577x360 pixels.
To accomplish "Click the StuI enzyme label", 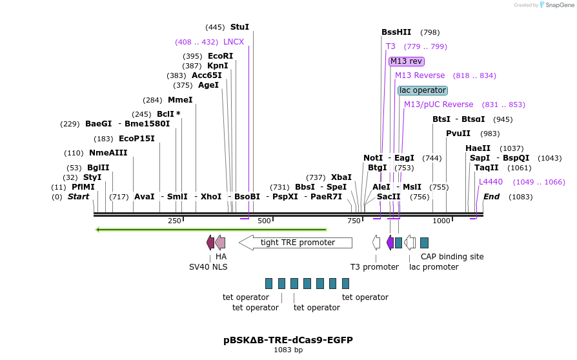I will click(x=239, y=27).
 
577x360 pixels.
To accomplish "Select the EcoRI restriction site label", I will click(x=220, y=56).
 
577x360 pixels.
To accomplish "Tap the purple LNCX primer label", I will click(x=234, y=42).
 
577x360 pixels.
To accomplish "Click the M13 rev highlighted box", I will click(x=406, y=61).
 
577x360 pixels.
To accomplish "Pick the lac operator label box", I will click(x=422, y=90).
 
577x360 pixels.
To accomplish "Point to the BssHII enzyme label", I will click(x=396, y=32).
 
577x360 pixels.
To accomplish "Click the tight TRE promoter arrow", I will click(x=296, y=243).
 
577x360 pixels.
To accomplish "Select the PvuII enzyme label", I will click(x=458, y=134).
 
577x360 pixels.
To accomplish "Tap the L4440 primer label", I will click(x=491, y=182).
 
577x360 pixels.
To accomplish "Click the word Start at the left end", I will click(x=79, y=197).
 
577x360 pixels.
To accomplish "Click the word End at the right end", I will click(x=492, y=197).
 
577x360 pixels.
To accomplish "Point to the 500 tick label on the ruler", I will click(x=264, y=221).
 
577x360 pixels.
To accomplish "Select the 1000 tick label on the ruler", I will click(x=441, y=221).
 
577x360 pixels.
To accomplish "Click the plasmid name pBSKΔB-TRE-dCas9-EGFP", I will click(x=288, y=339).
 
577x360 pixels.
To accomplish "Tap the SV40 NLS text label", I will click(x=208, y=266).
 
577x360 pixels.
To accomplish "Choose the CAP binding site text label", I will click(x=452, y=256).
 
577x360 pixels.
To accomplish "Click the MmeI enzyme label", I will click(x=180, y=100).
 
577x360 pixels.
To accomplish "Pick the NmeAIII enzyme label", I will click(x=108, y=153).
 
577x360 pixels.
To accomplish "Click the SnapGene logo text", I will click(x=557, y=5).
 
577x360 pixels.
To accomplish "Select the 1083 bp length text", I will click(x=288, y=350).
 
